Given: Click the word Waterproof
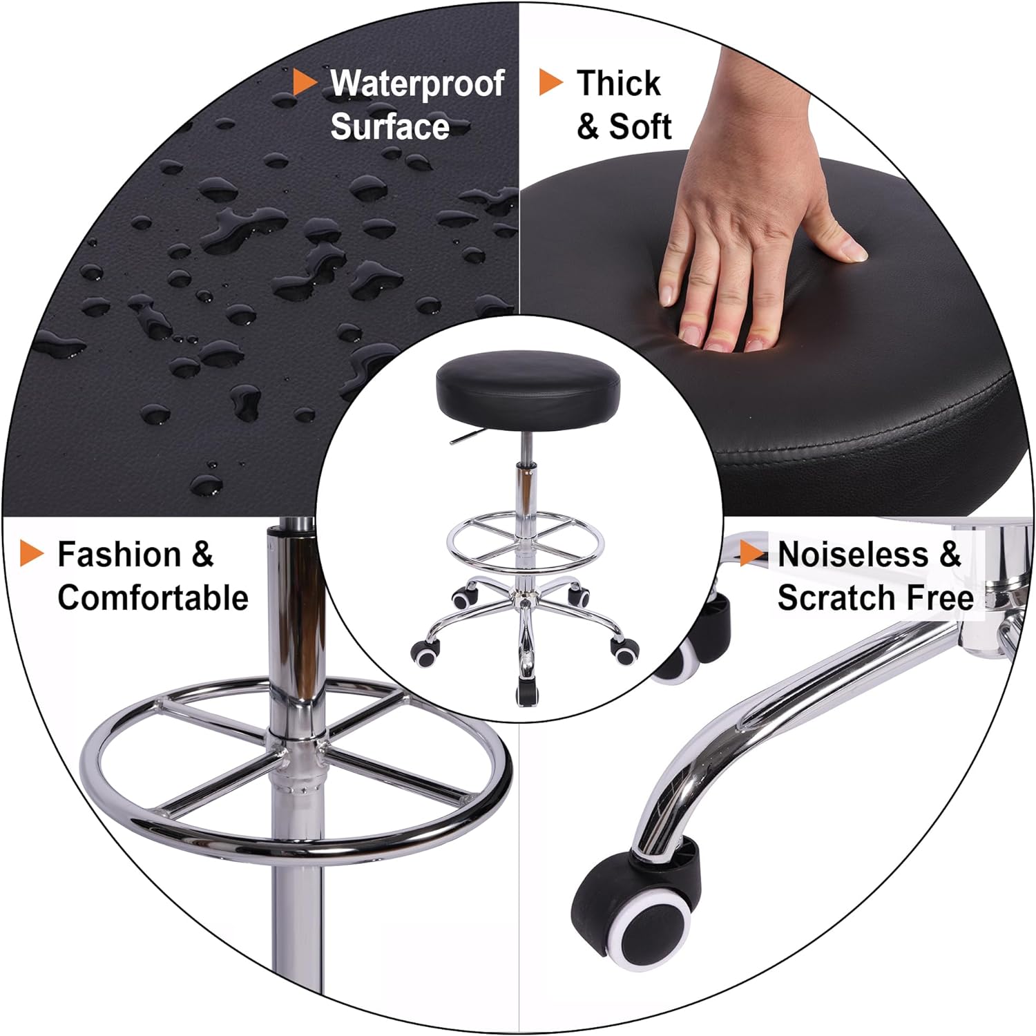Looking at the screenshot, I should coord(417,84).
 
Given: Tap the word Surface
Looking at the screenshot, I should coord(390,127).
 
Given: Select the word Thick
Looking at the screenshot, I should coord(618,84).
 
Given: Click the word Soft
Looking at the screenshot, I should coord(640,127).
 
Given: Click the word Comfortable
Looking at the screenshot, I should coord(153,598).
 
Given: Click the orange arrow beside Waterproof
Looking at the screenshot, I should coord(304,82).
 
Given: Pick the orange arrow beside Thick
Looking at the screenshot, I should coord(550,82).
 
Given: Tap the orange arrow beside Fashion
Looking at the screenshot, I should coord(32,554).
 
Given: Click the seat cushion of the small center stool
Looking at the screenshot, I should coord(528,387).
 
